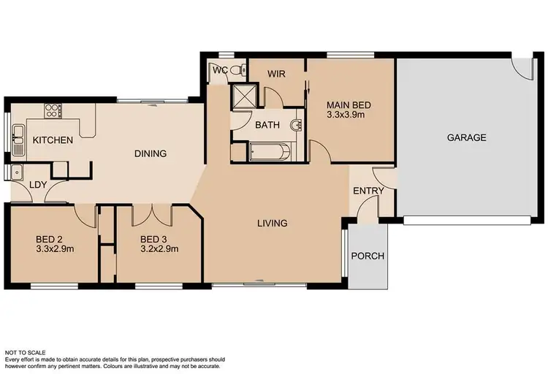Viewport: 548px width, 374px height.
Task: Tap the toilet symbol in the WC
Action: [237, 70]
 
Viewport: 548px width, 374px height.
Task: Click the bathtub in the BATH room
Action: [270, 153]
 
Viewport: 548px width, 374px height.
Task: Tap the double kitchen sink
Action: [18, 139]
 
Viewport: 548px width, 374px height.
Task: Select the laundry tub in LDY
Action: [16, 172]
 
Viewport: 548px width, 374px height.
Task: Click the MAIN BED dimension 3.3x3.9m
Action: [345, 115]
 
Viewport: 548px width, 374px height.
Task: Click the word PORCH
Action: [368, 256]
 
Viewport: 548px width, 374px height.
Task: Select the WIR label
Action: [275, 74]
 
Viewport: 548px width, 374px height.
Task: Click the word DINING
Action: [151, 154]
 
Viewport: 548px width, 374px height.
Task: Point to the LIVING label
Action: [271, 223]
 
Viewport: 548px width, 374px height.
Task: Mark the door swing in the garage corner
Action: [522, 67]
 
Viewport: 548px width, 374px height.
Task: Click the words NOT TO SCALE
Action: [28, 352]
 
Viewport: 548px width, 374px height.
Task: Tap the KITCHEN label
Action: [53, 140]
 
